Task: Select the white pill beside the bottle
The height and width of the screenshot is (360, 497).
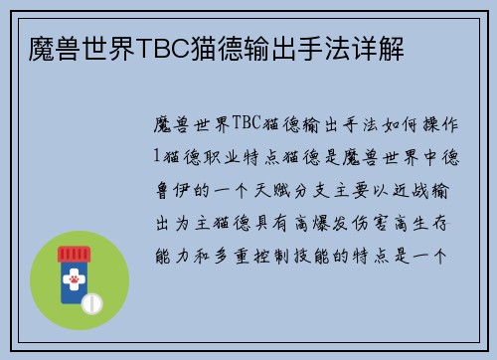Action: tap(92, 301)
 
